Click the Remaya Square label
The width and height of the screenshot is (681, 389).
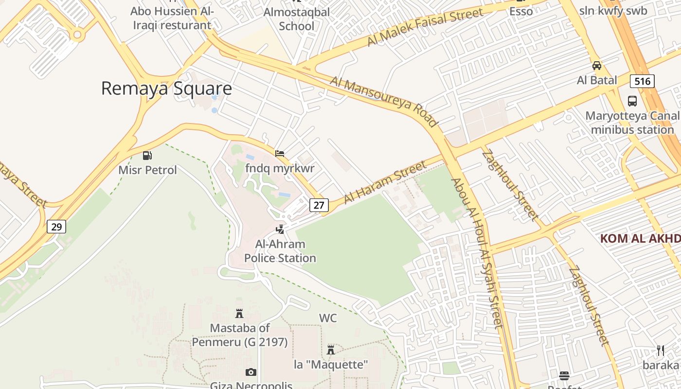click(166, 88)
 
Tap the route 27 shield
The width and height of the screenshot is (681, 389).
click(319, 205)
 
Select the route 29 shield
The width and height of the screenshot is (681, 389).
click(56, 227)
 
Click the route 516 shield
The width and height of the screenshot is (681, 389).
click(642, 81)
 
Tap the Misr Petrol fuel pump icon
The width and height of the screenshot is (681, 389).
click(147, 156)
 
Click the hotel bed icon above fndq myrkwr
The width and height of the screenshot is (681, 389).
click(280, 154)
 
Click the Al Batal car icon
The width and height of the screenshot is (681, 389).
click(597, 66)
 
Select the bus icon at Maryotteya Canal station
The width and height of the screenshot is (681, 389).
click(632, 101)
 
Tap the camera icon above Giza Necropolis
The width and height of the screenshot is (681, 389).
click(251, 372)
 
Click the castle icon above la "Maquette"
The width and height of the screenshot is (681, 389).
click(331, 350)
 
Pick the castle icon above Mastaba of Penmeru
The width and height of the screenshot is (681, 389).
click(239, 314)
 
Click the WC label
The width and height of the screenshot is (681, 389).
click(328, 318)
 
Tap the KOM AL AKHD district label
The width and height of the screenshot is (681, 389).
click(640, 238)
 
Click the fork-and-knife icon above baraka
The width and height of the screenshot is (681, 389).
click(661, 351)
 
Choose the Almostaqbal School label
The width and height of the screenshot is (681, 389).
click(296, 19)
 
